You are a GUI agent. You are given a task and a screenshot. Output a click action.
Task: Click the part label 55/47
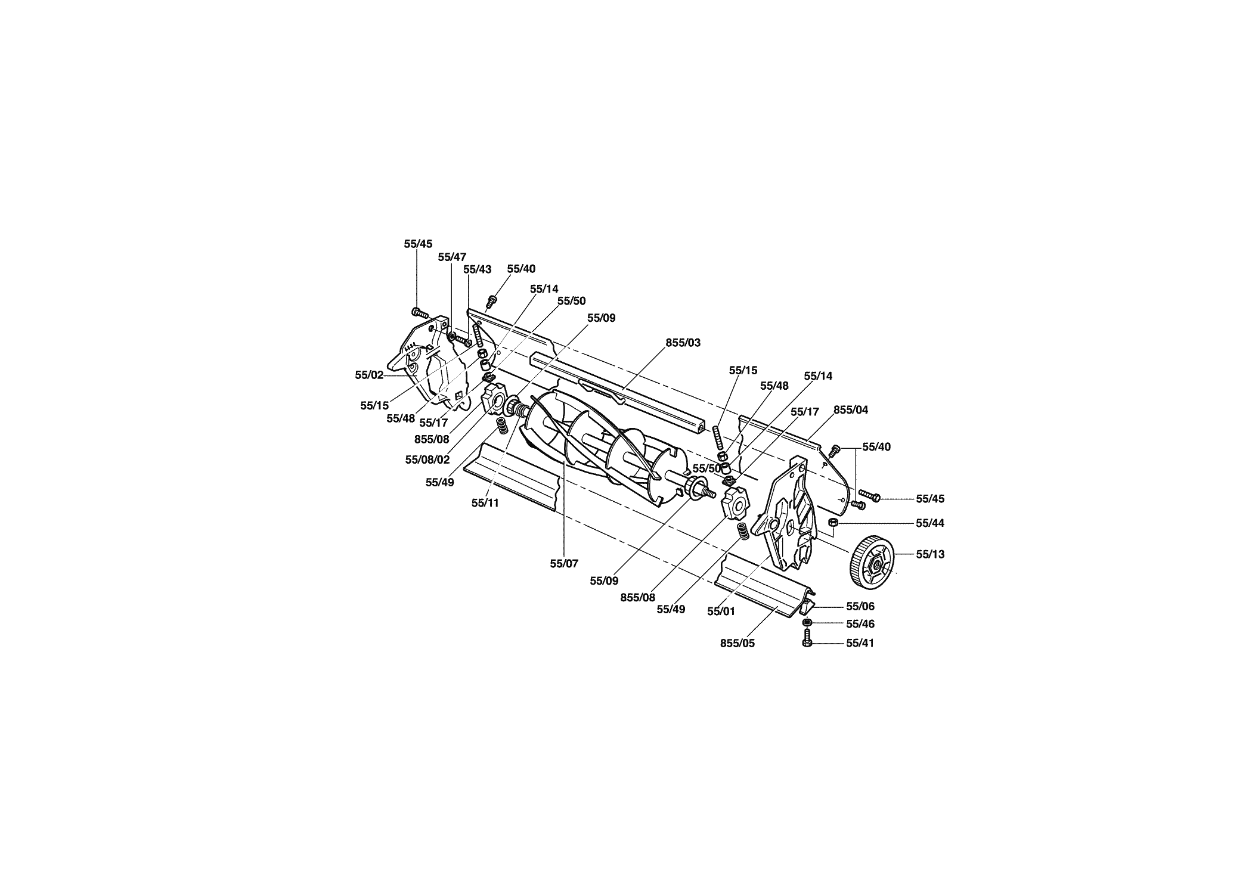[452, 257]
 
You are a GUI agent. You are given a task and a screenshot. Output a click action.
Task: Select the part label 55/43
[478, 269]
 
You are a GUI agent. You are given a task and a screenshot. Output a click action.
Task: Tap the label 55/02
[369, 375]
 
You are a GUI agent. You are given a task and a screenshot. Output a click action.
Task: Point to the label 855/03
[683, 343]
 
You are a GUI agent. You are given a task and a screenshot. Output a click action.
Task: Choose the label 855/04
[851, 409]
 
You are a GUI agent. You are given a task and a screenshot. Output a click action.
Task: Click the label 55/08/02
[427, 459]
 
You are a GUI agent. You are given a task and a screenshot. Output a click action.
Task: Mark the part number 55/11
[485, 502]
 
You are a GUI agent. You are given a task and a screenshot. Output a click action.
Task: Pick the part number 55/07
[564, 563]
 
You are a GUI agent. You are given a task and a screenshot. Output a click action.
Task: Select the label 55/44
[930, 523]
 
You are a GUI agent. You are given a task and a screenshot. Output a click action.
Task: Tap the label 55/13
[930, 554]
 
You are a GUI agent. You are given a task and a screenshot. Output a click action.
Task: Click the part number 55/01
[721, 611]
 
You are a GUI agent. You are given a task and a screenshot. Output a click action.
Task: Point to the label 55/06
[860, 607]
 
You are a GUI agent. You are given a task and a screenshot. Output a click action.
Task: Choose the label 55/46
[860, 624]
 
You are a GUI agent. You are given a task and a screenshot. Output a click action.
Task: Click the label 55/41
[860, 644]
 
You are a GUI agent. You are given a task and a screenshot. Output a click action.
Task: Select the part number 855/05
[737, 644]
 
